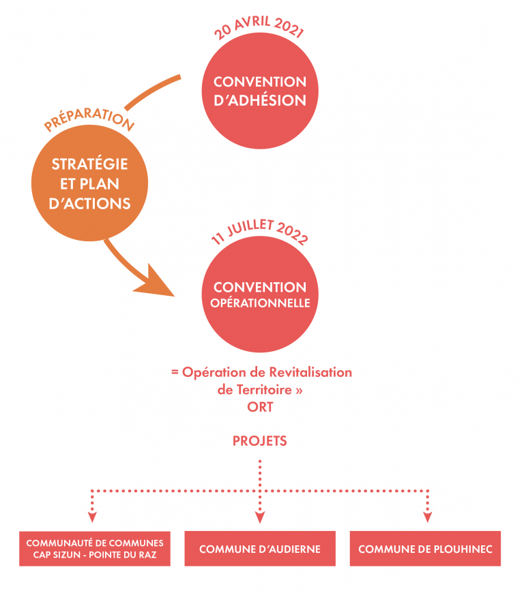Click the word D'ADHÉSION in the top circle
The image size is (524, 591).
pyautogui.click(x=260, y=101)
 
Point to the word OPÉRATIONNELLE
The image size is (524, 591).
pyautogui.click(x=261, y=303)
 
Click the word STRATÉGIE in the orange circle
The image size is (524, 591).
pyautogui.click(x=90, y=164)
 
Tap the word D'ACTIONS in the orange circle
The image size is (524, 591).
pyautogui.click(x=90, y=204)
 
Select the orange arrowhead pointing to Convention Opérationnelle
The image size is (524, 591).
pyautogui.click(x=155, y=283)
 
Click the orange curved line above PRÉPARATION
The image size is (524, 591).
pyautogui.click(x=152, y=91)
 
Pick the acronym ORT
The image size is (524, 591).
pyautogui.click(x=260, y=407)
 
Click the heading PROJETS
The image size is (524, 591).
pyautogui.click(x=260, y=441)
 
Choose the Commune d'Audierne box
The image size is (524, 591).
pyautogui.click(x=260, y=549)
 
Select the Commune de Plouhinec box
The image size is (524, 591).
pyautogui.click(x=426, y=549)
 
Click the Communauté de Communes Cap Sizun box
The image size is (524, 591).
pyautogui.click(x=95, y=549)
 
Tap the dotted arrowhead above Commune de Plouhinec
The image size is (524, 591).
pyautogui.click(x=427, y=517)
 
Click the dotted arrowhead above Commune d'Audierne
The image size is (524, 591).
pyautogui.click(x=260, y=517)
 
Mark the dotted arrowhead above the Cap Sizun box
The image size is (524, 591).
pyautogui.click(x=92, y=517)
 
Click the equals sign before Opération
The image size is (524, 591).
pyautogui.click(x=175, y=372)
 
